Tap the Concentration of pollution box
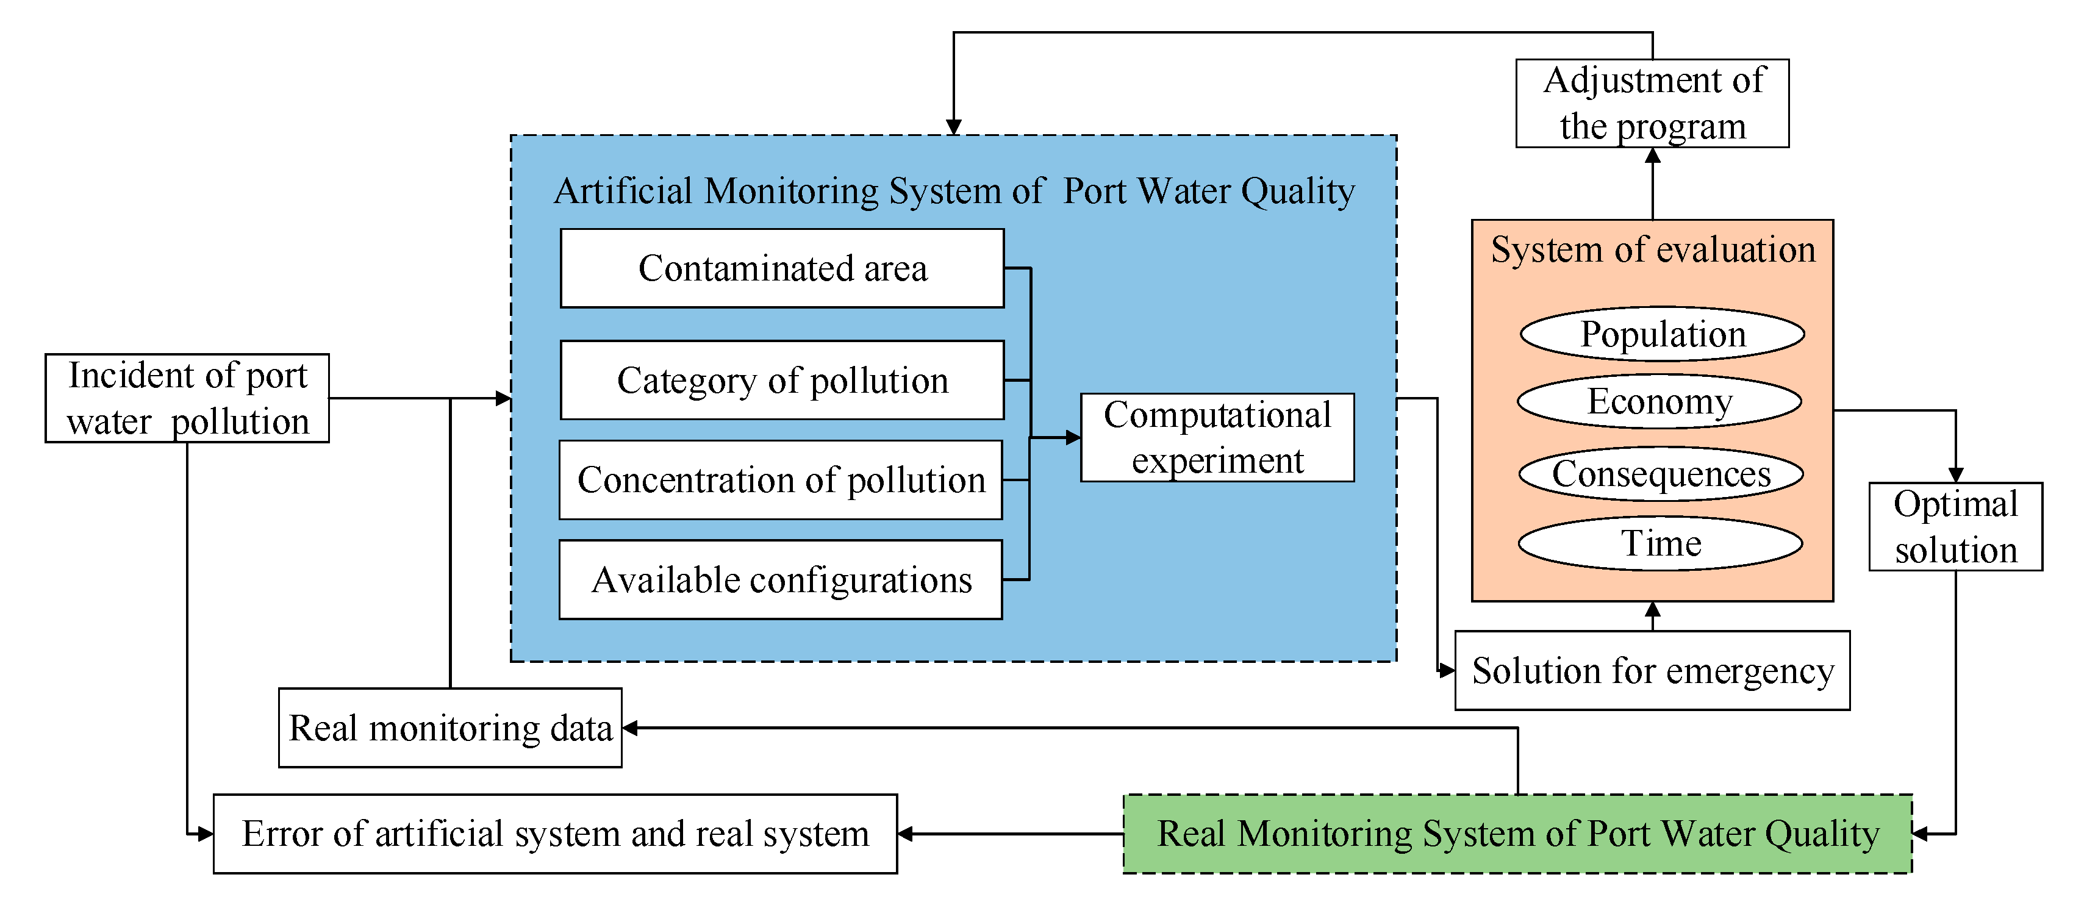(781, 479)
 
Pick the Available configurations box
(781, 579)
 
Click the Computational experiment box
(1217, 438)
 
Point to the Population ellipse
(1662, 334)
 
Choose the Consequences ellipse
(1660, 474)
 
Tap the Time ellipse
(1660, 543)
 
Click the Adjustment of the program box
(1652, 103)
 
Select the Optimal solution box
(1955, 527)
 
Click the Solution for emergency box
(1652, 670)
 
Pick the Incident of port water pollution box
(187, 398)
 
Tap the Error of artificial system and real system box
(554, 834)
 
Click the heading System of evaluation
(1652, 249)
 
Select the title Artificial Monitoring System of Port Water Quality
(954, 191)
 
